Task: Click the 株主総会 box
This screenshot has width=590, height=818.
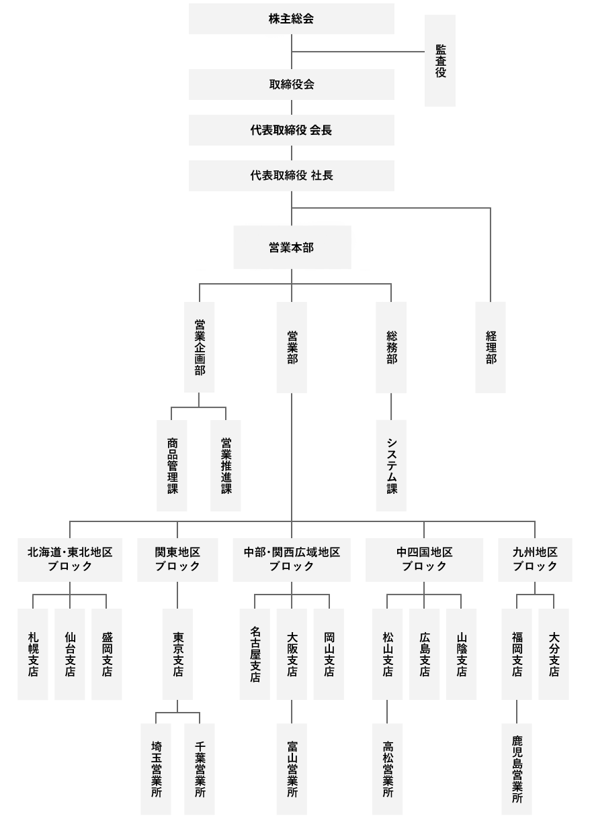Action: click(x=291, y=19)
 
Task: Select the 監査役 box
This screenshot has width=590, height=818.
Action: click(x=440, y=60)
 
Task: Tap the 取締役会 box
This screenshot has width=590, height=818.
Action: click(x=291, y=85)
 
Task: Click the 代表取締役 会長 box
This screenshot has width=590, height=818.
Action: click(x=291, y=130)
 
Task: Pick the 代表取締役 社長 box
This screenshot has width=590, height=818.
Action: click(x=291, y=176)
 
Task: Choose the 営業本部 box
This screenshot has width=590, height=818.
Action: click(x=292, y=247)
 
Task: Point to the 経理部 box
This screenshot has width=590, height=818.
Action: click(x=491, y=348)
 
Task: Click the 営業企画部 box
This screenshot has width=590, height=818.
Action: click(x=199, y=348)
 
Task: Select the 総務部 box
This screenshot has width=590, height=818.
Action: click(x=391, y=348)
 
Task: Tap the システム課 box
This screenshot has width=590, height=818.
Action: click(x=391, y=465)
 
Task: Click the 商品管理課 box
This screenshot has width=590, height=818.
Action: click(x=171, y=465)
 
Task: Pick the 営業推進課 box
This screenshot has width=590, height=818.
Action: click(x=225, y=465)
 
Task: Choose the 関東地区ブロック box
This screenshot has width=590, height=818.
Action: click(x=177, y=560)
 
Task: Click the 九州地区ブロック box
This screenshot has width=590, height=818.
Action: click(x=535, y=560)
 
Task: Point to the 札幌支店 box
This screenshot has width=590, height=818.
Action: click(x=33, y=654)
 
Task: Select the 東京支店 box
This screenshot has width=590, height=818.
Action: click(x=177, y=654)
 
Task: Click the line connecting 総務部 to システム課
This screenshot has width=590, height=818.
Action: click(x=391, y=407)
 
